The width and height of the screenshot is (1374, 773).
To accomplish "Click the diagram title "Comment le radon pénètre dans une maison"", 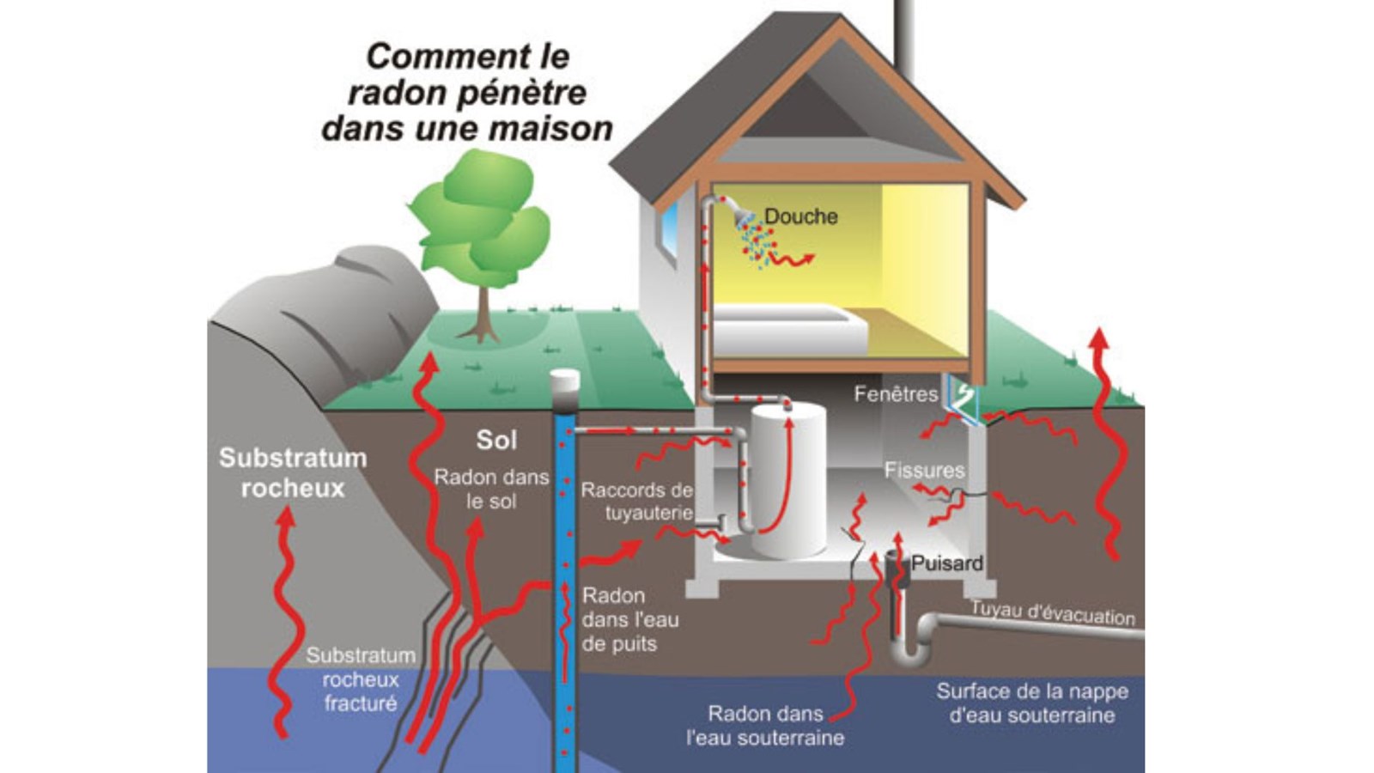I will [x=467, y=92].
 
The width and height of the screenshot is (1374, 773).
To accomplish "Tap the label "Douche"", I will [x=800, y=216].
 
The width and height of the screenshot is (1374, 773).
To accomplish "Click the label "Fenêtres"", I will [x=895, y=394].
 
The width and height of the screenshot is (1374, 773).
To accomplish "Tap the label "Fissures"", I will [x=924, y=470].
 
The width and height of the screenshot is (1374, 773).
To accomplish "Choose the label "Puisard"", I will [x=946, y=563].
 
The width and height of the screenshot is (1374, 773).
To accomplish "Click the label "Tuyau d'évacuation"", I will [x=1053, y=613].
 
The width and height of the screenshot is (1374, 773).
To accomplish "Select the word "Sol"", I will [x=496, y=440].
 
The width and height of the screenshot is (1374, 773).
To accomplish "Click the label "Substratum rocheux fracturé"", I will [x=361, y=679].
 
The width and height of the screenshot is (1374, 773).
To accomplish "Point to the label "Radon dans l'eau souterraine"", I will [x=764, y=726].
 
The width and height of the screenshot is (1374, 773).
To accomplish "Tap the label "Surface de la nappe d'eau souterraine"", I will [x=1031, y=703].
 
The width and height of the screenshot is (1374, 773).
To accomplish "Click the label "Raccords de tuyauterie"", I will [x=637, y=502].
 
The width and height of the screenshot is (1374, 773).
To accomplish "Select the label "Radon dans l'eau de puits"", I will [x=629, y=619].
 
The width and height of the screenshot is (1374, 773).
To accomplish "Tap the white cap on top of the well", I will [x=564, y=381].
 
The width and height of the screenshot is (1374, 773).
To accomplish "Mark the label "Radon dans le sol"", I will [x=491, y=489].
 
